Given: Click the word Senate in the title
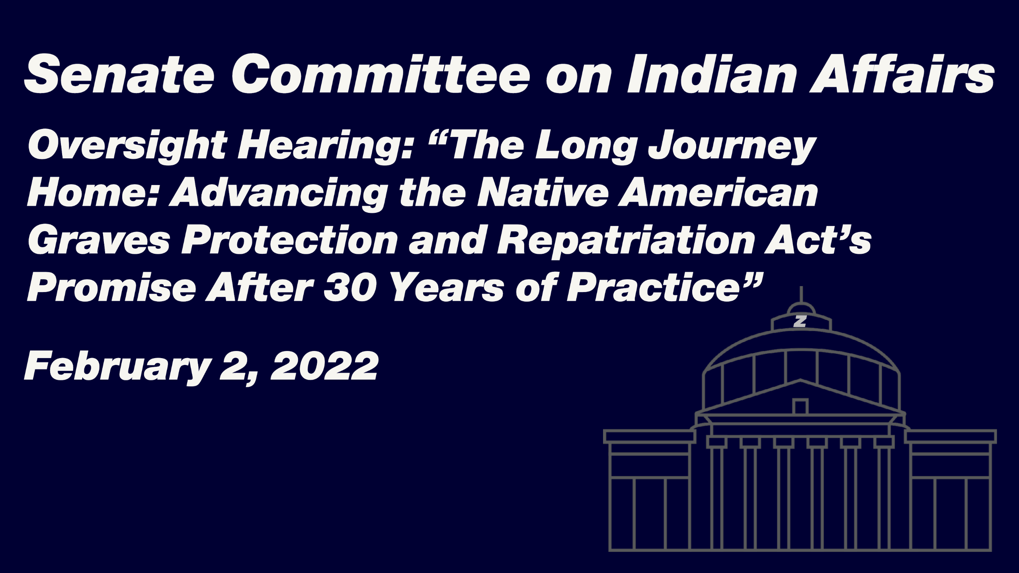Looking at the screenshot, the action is pyautogui.click(x=119, y=74).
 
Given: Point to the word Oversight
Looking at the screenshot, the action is pyautogui.click(x=127, y=146).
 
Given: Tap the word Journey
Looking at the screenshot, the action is pyautogui.click(x=733, y=146).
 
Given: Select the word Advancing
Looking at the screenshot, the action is pyautogui.click(x=279, y=194).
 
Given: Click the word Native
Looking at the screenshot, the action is pyautogui.click(x=543, y=193).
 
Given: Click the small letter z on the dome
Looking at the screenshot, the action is pyautogui.click(x=800, y=321).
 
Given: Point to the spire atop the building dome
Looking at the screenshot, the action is pyautogui.click(x=801, y=294).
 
